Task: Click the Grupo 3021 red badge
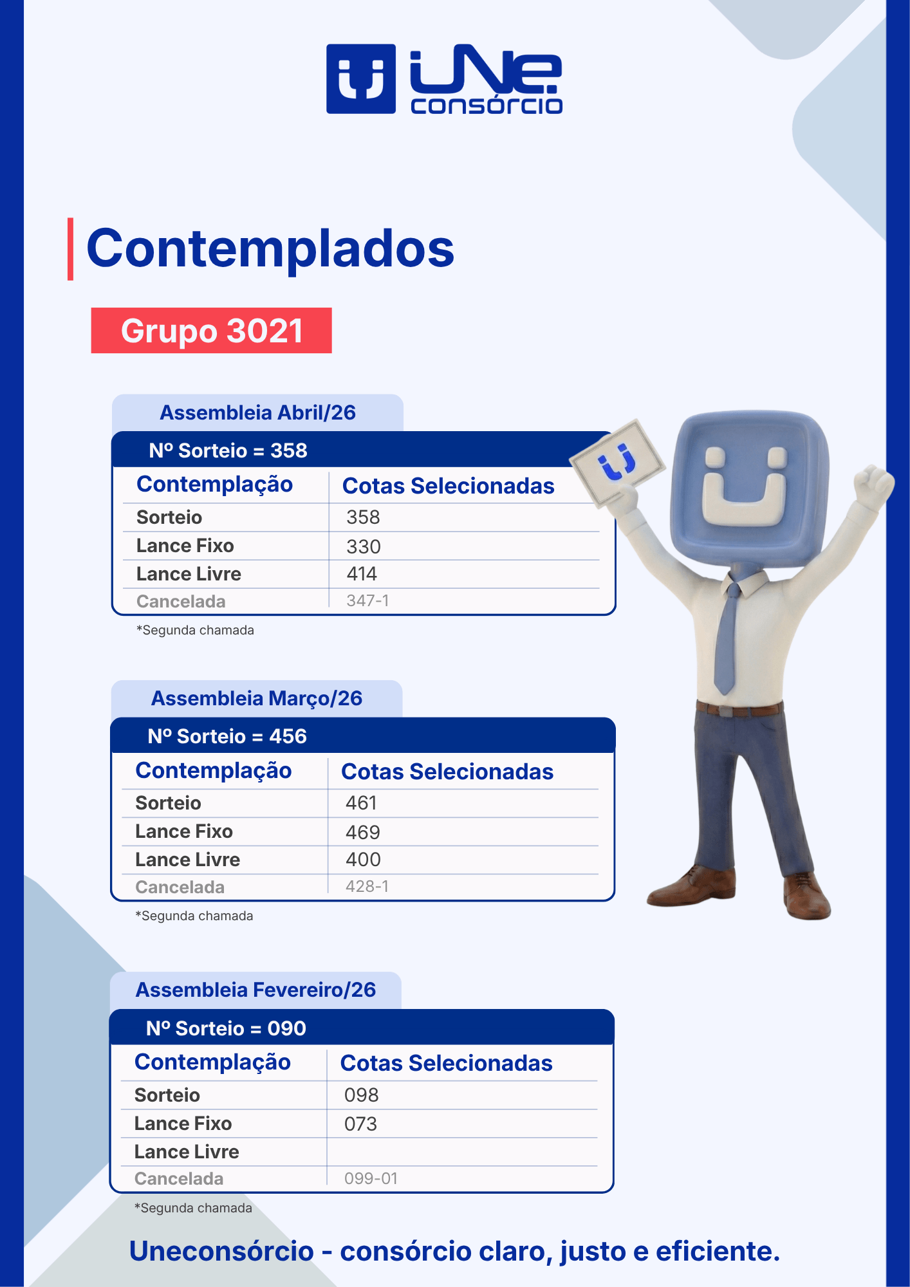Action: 211,330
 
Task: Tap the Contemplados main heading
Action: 270,249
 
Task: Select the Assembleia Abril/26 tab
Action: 257,412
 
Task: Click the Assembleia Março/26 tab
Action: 257,698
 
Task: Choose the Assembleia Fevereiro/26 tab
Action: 255,990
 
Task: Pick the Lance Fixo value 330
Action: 364,546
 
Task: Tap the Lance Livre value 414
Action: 362,574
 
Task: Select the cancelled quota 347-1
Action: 367,600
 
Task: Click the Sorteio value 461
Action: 361,803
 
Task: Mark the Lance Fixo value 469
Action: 363,832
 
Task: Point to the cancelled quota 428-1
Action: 367,886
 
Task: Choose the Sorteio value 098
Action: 362,1095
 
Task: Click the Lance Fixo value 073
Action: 360,1124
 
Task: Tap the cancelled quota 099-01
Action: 371,1178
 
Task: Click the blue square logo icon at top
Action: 361,79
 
